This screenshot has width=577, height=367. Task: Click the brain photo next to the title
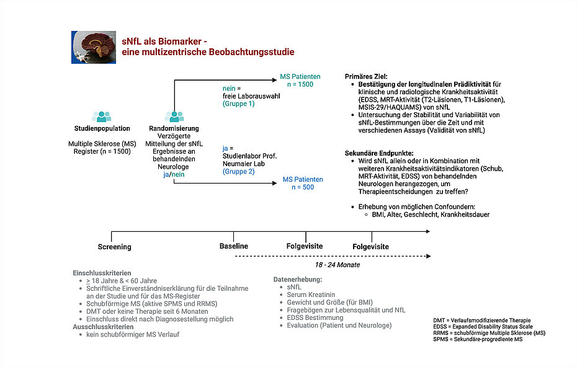coord(94,48)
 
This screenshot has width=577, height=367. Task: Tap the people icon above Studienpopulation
coord(102,117)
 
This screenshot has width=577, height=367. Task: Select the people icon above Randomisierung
coord(174,117)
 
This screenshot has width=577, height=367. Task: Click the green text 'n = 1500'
coord(300,84)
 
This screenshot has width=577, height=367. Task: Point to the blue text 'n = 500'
coord(303,187)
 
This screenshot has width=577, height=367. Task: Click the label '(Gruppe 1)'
coord(238,104)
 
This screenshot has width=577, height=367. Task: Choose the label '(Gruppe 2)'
coord(238,171)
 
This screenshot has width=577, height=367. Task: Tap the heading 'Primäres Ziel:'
coord(366,76)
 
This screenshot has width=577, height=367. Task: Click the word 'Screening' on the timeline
coord(114,247)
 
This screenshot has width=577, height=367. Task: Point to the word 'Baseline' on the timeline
coord(234,246)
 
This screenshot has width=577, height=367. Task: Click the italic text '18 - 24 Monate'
coord(338,265)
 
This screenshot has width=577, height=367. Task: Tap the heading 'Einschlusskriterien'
coord(102,273)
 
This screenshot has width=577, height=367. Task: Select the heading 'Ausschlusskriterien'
coord(103,327)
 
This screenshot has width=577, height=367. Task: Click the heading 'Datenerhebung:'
coord(298,280)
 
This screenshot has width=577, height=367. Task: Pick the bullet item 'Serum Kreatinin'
coord(311,294)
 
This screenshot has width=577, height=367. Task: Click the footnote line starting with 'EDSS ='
coord(483,327)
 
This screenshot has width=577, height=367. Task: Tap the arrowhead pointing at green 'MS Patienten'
coord(274,80)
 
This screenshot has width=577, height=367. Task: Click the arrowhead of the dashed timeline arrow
coord(428,256)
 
